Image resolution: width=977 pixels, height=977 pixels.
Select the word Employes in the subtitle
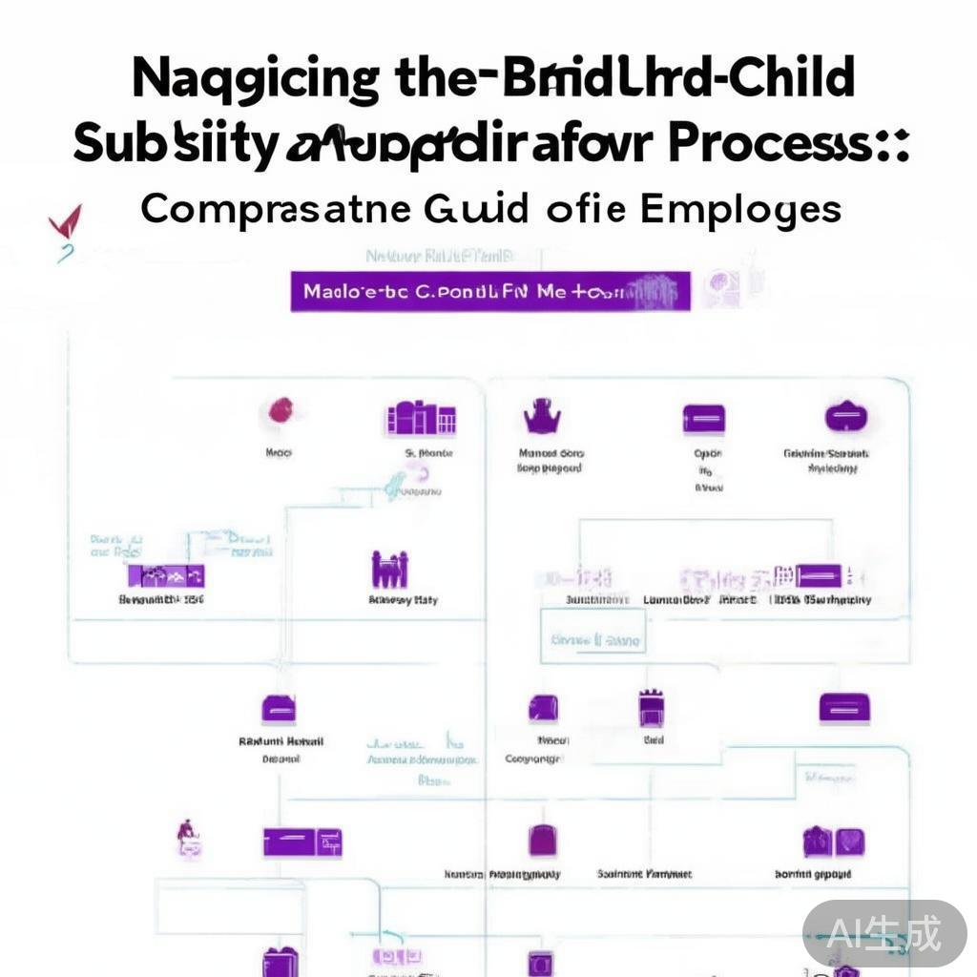click(x=741, y=209)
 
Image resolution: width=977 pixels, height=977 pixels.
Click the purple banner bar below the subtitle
click(x=489, y=292)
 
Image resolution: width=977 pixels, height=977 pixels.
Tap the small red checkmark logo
click(x=65, y=223)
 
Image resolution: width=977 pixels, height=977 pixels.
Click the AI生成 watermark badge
click(x=883, y=933)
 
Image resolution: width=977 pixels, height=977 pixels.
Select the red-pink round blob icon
click(x=280, y=411)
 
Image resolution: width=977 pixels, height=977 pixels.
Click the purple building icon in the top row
click(x=420, y=418)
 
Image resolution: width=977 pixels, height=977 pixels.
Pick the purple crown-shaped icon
click(x=542, y=417)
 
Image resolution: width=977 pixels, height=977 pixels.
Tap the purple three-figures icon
click(x=389, y=570)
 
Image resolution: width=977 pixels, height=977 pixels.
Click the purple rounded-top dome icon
click(x=845, y=417)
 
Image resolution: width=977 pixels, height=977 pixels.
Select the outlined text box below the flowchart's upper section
click(x=593, y=640)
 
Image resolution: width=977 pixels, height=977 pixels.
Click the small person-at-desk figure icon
click(x=187, y=837)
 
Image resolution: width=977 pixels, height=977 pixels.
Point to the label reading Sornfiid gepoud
click(x=812, y=874)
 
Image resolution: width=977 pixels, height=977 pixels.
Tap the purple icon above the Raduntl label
click(x=278, y=709)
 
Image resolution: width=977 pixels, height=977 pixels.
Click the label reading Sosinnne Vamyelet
click(x=645, y=874)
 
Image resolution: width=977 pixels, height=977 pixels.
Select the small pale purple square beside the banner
click(x=721, y=288)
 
